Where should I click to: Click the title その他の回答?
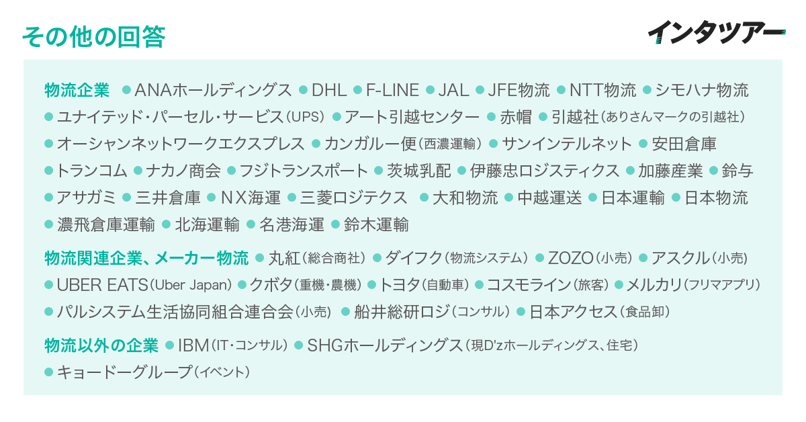[x=93, y=36]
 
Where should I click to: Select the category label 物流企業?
[x=77, y=90]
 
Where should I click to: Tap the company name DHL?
[x=329, y=90]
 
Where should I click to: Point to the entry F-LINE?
[x=392, y=90]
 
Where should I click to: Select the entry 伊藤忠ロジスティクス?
[x=544, y=171]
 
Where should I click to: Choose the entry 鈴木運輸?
[x=376, y=224]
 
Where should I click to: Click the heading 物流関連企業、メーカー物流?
[x=146, y=258]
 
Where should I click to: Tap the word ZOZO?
[x=571, y=258]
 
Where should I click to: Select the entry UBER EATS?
[x=102, y=285]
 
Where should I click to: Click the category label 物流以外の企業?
[x=101, y=345]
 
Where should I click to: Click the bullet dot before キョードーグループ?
[x=48, y=372]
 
